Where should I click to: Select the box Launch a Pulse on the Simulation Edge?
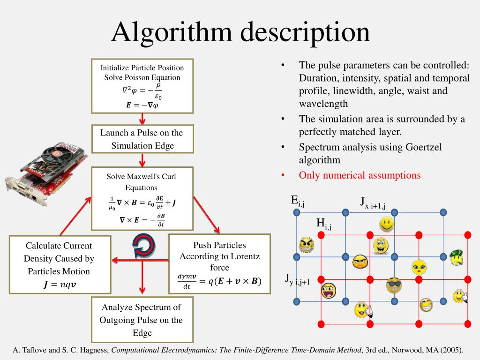pyautogui.click(x=142, y=139)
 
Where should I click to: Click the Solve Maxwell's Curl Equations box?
pyautogui.click(x=142, y=199)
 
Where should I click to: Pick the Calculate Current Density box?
pyautogui.click(x=60, y=264)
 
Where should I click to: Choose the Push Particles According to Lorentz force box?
pyautogui.click(x=219, y=263)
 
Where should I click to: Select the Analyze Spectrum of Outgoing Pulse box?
pyautogui.click(x=142, y=320)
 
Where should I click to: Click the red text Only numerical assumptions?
pyautogui.click(x=360, y=175)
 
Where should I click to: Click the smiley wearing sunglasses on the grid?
pyautogui.click(x=394, y=285)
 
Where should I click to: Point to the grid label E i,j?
pyautogui.click(x=298, y=201)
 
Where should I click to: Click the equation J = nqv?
pyautogui.click(x=59, y=284)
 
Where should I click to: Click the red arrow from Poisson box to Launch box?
pyautogui.click(x=142, y=119)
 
